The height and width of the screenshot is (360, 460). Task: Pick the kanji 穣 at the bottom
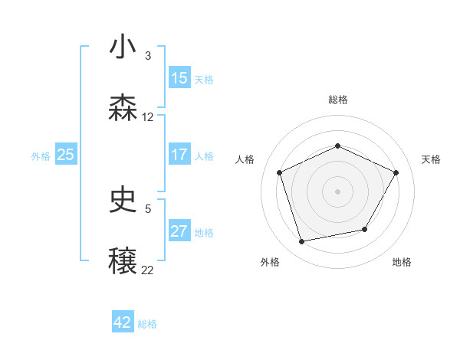click(x=123, y=261)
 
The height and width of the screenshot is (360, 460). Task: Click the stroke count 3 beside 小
click(x=148, y=56)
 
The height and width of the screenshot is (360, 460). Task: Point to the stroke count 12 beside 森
click(x=148, y=117)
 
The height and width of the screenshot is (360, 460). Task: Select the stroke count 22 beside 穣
click(x=148, y=270)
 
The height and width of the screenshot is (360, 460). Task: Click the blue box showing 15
click(x=179, y=78)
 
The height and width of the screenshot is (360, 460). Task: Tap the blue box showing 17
click(x=179, y=155)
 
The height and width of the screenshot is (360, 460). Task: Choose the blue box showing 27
click(x=179, y=231)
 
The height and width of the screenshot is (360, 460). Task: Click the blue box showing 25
click(x=66, y=155)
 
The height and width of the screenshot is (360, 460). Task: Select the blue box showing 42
click(x=123, y=322)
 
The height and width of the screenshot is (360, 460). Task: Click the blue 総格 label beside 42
click(x=147, y=324)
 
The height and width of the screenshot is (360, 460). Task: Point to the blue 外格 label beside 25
click(x=41, y=156)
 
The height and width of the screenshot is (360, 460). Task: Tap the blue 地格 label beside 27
click(x=204, y=233)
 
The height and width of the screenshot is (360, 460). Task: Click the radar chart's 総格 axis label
click(x=338, y=100)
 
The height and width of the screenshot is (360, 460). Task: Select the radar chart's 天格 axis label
click(x=431, y=159)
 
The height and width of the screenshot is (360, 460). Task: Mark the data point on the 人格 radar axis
click(x=279, y=172)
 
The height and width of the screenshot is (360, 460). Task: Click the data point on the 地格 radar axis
click(x=365, y=229)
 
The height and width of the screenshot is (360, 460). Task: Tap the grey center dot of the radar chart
click(x=338, y=191)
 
